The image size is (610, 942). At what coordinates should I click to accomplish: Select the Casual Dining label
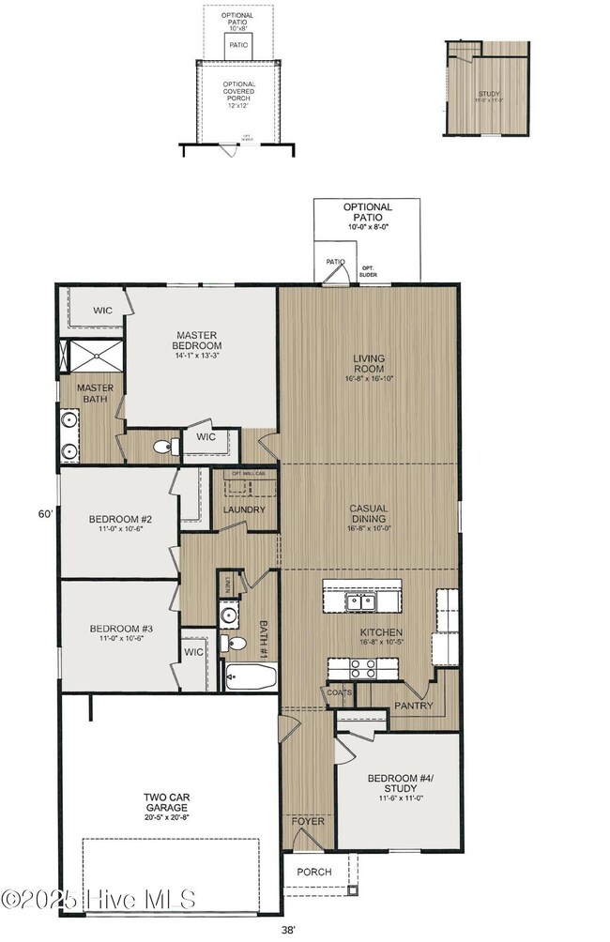click(369, 514)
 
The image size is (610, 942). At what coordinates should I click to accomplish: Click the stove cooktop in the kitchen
click(363, 668)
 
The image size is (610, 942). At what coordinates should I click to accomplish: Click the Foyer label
click(308, 822)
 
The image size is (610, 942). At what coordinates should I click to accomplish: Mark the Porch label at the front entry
click(314, 872)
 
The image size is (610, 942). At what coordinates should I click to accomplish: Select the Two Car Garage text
click(166, 802)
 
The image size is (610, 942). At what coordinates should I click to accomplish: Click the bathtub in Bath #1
click(251, 676)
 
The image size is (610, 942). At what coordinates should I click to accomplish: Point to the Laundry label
click(244, 509)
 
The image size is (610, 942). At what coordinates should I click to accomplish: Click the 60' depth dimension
click(45, 514)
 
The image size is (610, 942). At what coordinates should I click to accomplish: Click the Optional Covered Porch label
click(238, 94)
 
